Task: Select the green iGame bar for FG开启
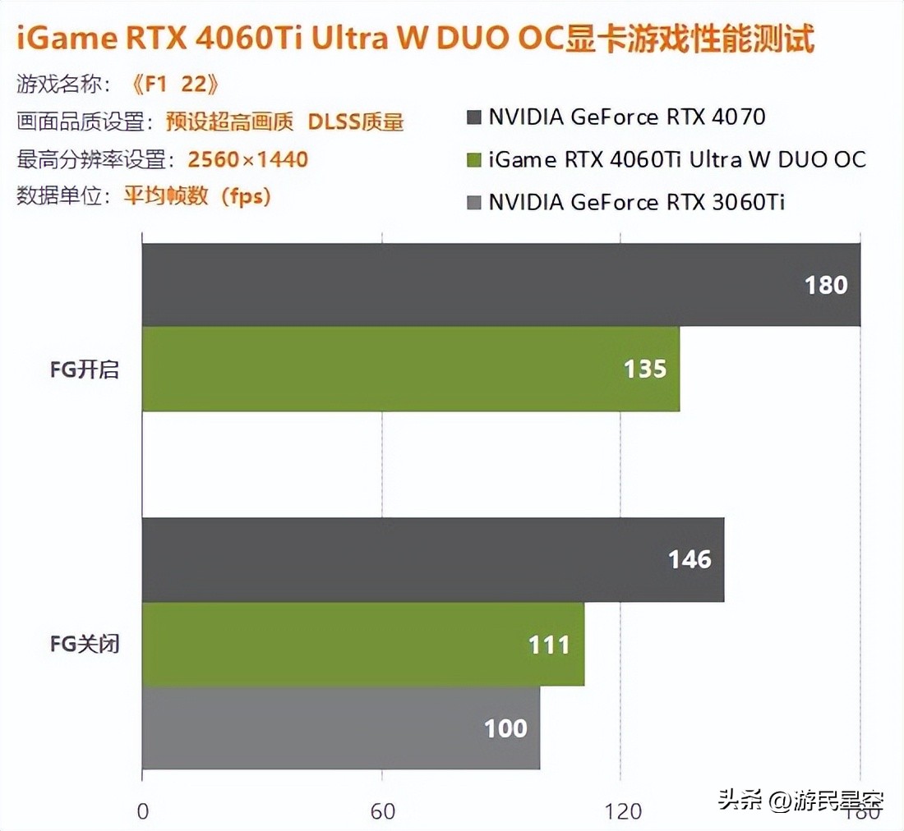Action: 411,369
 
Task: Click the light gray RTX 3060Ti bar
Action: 341,728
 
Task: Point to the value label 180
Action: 825,285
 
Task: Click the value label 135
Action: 644,370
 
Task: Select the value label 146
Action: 689,560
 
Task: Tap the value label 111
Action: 549,645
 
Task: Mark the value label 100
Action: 505,728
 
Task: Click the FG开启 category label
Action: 84,370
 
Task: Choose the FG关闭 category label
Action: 84,644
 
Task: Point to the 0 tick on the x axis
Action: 143,812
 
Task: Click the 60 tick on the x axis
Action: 383,812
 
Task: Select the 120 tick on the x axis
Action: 623,812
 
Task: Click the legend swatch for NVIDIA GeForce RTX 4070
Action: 473,117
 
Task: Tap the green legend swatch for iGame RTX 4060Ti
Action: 473,160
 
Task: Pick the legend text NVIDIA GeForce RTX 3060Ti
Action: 636,202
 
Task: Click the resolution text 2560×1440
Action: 247,159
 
